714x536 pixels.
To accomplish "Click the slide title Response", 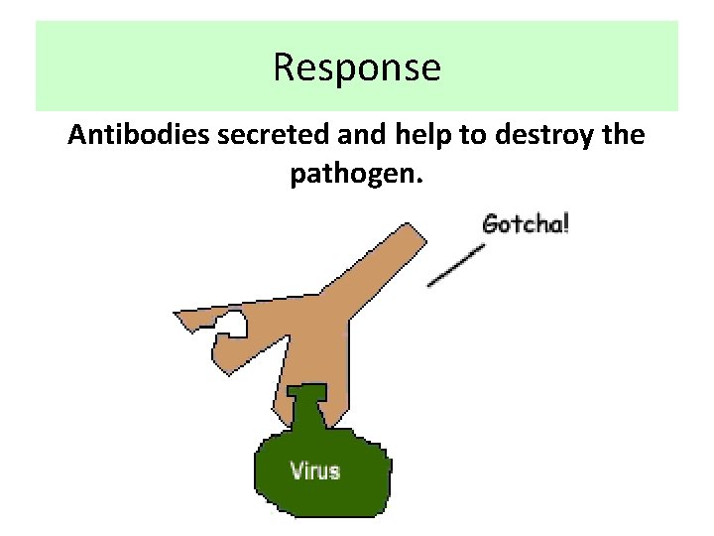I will coord(357,67).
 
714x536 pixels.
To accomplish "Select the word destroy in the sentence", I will coord(548,136).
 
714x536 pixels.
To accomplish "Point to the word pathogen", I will coord(352,175).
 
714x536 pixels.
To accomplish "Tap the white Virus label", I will coord(314,469).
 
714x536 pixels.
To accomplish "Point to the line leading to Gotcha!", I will coord(456,265).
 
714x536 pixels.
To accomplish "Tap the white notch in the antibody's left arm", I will coord(233,323).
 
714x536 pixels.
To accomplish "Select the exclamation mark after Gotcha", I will coord(565,221).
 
